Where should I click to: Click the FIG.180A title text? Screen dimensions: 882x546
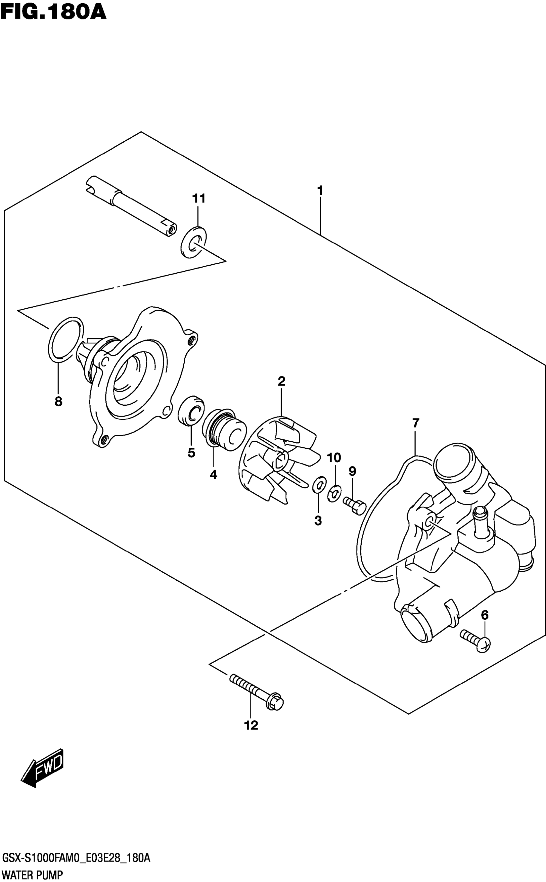53,12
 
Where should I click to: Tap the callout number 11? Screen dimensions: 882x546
198,198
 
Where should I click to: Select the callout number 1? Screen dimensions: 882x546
320,190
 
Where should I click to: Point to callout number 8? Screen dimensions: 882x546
58,401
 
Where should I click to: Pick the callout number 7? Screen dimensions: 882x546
415,422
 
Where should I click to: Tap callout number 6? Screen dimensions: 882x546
485,615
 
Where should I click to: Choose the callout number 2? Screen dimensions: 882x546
281,381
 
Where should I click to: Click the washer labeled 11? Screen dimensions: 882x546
194,242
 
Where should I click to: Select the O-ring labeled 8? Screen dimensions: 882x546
66,340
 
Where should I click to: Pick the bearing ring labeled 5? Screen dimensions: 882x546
191,411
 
